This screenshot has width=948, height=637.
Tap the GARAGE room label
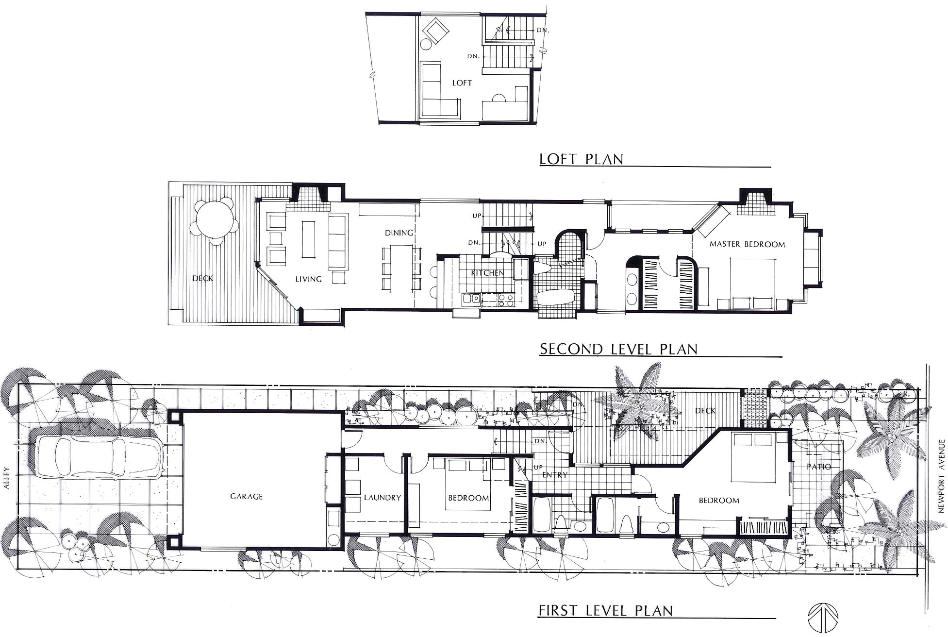(x=246, y=496)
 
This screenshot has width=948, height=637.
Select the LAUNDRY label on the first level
(x=383, y=498)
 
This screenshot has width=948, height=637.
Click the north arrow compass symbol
(x=822, y=619)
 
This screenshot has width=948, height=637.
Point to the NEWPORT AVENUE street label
(x=942, y=475)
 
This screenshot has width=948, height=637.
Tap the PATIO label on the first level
(x=819, y=467)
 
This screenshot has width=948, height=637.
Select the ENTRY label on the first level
(x=555, y=475)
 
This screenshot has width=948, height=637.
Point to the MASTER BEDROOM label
(x=747, y=244)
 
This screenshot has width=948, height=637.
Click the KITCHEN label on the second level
(x=487, y=273)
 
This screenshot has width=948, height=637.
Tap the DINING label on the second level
(x=399, y=233)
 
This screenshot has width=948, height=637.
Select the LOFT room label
(x=462, y=83)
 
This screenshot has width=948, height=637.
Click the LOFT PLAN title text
(x=581, y=159)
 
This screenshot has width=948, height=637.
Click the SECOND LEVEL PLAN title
(x=618, y=349)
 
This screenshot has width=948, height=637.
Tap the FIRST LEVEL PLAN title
(x=606, y=610)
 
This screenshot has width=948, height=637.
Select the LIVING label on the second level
(x=308, y=279)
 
